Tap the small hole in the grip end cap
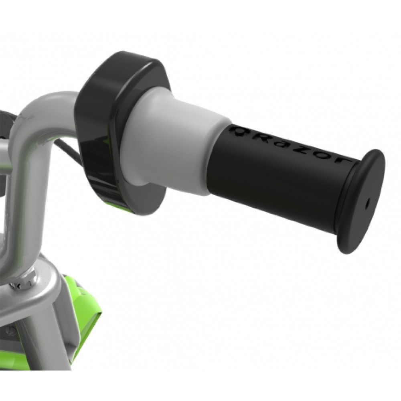367,203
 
